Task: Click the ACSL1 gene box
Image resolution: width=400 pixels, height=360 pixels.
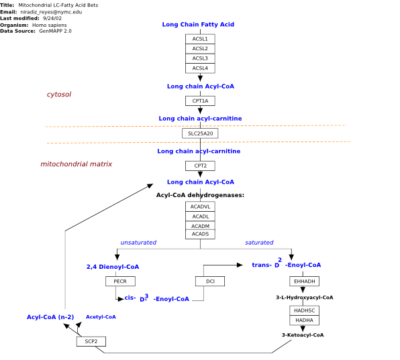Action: click(200, 39)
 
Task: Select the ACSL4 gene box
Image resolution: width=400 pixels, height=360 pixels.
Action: click(200, 68)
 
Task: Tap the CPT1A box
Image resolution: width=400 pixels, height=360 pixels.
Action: click(200, 101)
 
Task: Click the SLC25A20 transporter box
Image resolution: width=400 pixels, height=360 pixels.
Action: click(200, 133)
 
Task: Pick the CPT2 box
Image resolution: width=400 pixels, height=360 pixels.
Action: click(200, 166)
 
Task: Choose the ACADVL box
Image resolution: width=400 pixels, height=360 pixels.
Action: click(200, 206)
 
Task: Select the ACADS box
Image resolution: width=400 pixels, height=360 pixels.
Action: click(200, 234)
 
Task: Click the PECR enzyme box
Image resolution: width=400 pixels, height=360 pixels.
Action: click(120, 282)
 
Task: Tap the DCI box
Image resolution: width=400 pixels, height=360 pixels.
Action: click(210, 282)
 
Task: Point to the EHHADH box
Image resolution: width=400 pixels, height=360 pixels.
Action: click(304, 282)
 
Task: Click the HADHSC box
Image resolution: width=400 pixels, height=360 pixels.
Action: click(304, 310)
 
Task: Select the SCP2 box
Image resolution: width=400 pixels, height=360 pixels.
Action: click(91, 341)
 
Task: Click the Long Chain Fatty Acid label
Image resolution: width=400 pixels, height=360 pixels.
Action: click(198, 24)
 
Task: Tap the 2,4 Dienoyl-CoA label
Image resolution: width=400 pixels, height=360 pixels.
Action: click(113, 267)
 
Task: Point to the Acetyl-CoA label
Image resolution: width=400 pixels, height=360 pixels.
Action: click(101, 316)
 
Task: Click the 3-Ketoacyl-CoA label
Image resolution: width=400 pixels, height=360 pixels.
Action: click(303, 335)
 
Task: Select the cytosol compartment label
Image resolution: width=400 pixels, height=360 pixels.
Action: click(59, 95)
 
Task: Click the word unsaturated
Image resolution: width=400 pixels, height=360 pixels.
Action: click(138, 243)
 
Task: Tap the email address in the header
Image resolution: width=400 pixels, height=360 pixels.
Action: click(51, 12)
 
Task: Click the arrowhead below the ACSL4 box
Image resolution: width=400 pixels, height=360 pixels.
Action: click(200, 78)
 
